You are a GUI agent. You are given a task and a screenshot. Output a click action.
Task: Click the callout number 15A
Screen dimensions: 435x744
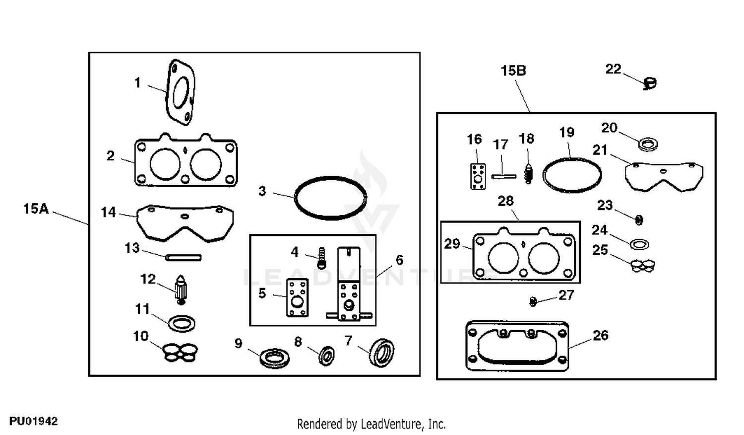point(36,209)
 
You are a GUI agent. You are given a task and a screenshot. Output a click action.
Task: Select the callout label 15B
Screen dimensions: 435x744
point(513,71)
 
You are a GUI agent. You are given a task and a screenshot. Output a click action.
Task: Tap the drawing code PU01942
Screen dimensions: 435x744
point(33,421)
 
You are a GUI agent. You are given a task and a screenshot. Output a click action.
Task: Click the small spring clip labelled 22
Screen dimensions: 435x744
point(649,84)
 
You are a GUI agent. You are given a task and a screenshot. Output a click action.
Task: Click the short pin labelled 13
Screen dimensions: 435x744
point(184,257)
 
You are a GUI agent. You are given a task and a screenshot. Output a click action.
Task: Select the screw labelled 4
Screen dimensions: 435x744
point(321,258)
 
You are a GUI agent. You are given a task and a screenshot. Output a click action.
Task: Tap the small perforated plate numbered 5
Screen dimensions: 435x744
point(298,297)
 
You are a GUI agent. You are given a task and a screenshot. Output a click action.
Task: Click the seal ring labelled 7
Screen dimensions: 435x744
point(382,352)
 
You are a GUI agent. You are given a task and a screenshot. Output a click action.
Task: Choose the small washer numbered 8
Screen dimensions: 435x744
point(327,356)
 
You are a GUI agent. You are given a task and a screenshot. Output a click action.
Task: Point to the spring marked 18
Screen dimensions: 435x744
point(529,173)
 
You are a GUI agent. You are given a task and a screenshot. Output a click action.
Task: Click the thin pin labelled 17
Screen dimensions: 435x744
point(503,176)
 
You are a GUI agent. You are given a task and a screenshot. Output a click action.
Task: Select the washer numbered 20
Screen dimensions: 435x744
point(648,145)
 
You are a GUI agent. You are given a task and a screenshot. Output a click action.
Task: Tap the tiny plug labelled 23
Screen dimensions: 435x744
point(639,219)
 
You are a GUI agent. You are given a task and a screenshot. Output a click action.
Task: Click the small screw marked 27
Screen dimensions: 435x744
point(533,301)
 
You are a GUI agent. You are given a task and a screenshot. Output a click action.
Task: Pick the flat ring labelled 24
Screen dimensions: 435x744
point(639,244)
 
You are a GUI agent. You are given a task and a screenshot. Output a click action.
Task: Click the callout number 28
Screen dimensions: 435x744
point(505,201)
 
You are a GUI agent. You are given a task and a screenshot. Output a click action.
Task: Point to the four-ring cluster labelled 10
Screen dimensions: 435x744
point(180,352)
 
